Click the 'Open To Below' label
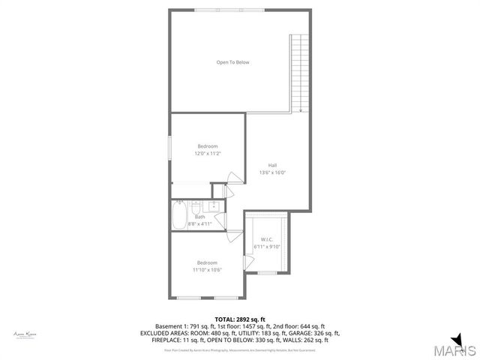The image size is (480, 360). click(232, 62)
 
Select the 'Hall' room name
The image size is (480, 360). click(273, 166)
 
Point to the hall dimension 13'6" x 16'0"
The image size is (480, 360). click(273, 172)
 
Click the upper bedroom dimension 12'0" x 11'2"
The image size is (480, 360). click(208, 153)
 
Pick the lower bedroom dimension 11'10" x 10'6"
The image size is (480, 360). click(207, 270)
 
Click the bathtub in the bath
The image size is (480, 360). click(179, 215)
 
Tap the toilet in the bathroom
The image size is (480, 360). click(195, 208)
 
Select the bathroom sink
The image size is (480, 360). click(214, 206)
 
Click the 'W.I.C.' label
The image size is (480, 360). click(266, 239)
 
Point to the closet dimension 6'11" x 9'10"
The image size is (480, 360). click(266, 247)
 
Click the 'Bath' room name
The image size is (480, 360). click(199, 217)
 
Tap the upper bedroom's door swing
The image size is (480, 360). click(235, 178)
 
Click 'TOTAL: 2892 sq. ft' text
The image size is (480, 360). click(239, 319)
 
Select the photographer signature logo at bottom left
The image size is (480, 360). click(25, 334)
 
